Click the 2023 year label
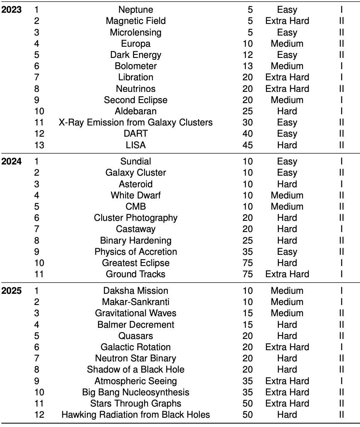[12, 10]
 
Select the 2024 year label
[12, 161]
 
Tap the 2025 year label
[12, 291]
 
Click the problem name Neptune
[136, 10]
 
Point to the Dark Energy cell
[136, 55]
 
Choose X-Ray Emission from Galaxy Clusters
[136, 123]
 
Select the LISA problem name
[136, 145]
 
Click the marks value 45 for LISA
[248, 145]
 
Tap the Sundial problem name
[136, 161]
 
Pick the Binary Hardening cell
[136, 241]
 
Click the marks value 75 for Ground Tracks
[248, 274]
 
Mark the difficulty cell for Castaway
[287, 229]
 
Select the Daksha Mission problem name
[136, 291]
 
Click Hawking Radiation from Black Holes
[136, 415]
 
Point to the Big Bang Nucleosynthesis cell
[136, 392]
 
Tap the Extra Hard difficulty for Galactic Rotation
[287, 347]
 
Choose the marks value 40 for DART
[248, 134]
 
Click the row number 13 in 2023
[39, 145]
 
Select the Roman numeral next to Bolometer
[341, 66]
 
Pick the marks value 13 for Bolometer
[248, 66]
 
